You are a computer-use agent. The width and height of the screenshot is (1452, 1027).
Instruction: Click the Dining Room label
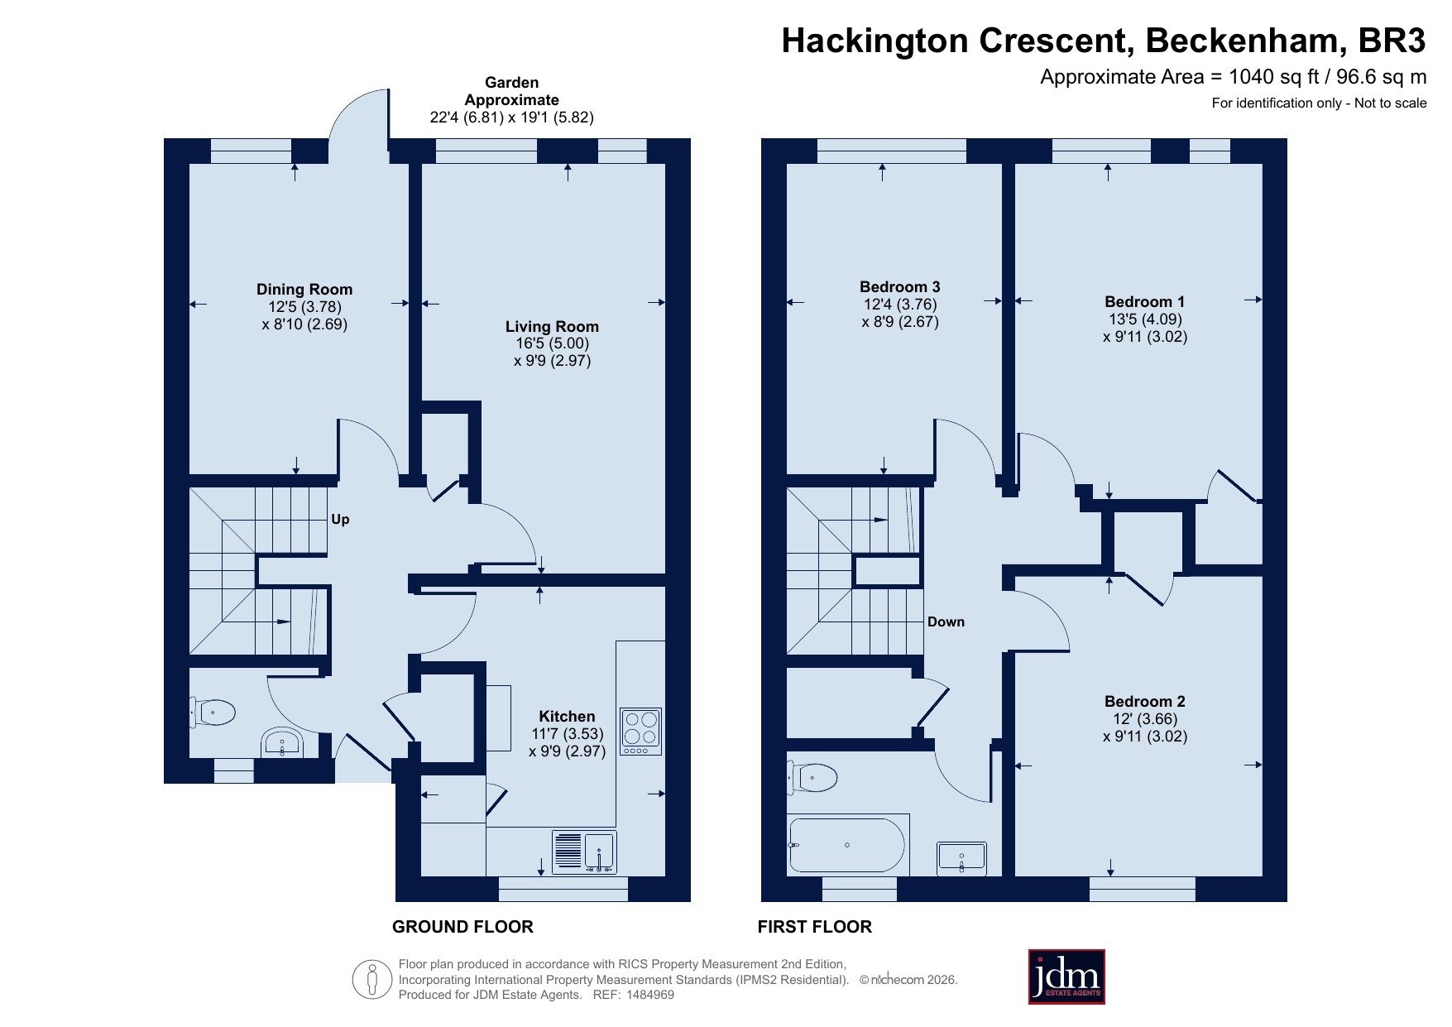point(304,290)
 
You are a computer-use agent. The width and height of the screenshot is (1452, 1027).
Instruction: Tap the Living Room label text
point(552,327)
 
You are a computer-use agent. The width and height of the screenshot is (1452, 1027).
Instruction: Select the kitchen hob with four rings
point(641,732)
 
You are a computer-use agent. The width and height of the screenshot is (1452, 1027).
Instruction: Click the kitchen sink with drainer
point(584,852)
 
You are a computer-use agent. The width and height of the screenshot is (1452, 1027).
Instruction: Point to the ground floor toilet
point(213,712)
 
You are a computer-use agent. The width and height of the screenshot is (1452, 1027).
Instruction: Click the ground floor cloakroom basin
point(282,743)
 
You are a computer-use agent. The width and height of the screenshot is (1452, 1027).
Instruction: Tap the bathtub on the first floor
point(847,845)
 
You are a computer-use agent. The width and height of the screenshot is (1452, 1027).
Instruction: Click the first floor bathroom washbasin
point(961,858)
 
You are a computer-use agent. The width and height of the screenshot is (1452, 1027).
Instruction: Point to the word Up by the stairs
point(340,520)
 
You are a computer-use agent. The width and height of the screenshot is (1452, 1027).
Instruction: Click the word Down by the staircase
point(946,622)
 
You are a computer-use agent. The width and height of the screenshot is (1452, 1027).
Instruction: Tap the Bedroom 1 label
point(1144,302)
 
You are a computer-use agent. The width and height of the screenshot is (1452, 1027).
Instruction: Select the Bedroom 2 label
point(1144,702)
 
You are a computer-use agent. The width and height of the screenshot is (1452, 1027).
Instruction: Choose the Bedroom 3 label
point(899,287)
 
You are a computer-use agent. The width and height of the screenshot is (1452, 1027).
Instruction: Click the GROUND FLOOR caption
point(462,927)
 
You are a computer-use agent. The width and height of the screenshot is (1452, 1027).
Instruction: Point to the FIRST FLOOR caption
point(815,927)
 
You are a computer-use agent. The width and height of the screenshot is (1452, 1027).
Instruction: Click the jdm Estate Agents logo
point(1066,977)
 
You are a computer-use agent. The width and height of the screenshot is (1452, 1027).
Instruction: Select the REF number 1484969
point(650,995)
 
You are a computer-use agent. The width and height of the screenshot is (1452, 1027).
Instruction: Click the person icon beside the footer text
point(372,980)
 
